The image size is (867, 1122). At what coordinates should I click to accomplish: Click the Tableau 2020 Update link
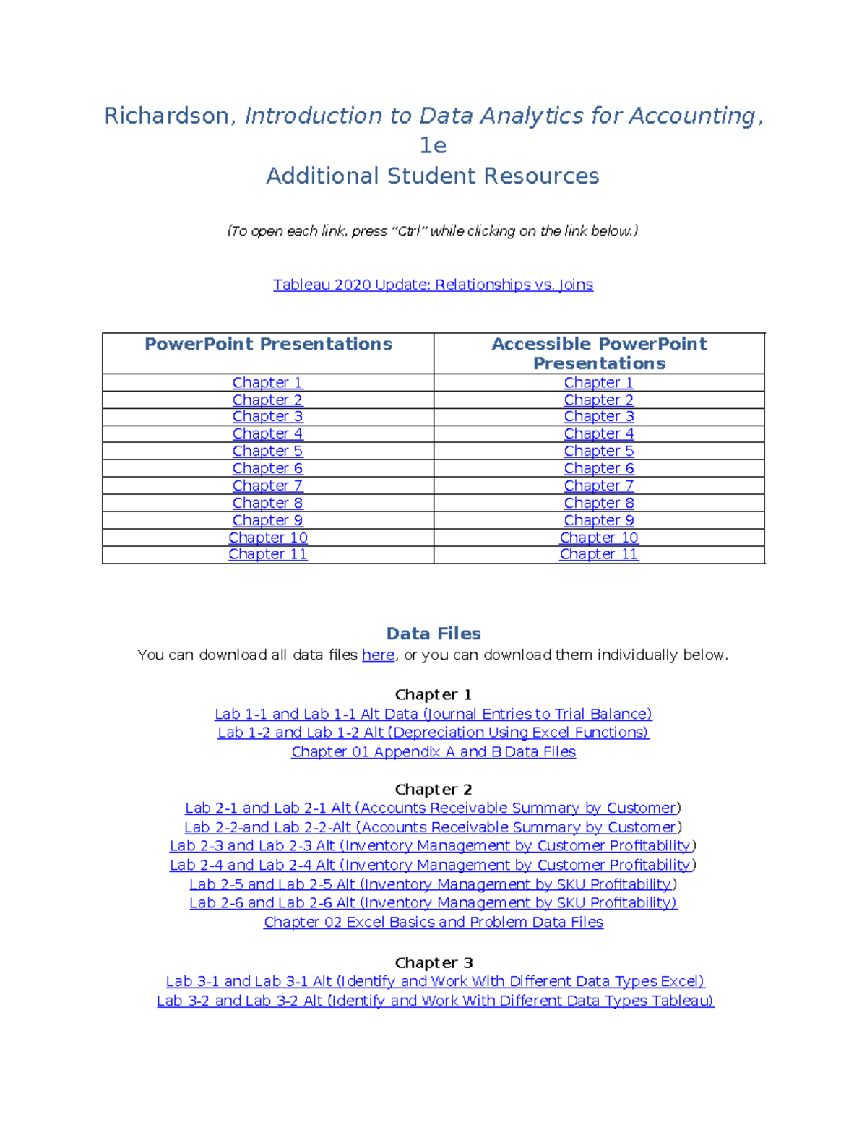point(433,285)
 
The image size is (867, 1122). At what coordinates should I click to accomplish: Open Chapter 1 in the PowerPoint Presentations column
point(267,383)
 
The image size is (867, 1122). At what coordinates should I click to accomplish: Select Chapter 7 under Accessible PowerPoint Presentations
point(598,486)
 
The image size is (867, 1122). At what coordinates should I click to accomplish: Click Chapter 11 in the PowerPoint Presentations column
point(267,554)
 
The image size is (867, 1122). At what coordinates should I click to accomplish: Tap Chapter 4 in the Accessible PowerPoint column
point(598,434)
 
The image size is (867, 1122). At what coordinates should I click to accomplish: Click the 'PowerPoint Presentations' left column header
point(268,345)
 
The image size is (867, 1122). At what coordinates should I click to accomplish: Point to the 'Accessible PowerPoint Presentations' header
point(599,353)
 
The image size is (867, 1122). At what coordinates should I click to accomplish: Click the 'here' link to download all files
point(378,655)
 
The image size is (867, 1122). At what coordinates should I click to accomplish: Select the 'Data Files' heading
point(433,634)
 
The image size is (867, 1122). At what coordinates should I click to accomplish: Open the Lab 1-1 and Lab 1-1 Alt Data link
point(433,714)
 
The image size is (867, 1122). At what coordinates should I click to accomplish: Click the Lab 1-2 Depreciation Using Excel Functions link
point(433,733)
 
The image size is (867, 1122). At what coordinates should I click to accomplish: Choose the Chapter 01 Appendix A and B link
point(433,752)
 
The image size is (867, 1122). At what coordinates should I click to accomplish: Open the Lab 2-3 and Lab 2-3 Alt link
point(431,846)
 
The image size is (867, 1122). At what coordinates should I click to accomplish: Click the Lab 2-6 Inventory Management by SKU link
point(433,903)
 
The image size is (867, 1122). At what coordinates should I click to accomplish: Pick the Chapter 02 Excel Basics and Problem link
point(433,923)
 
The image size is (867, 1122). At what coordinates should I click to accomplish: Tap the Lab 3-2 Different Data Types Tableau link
point(435,1001)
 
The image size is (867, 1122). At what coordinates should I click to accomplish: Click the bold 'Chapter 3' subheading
point(433,963)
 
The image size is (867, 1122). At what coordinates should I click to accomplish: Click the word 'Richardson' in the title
point(167,116)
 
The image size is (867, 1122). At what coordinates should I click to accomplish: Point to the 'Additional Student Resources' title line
point(433,176)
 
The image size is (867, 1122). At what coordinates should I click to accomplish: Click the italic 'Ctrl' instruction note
point(433,231)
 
